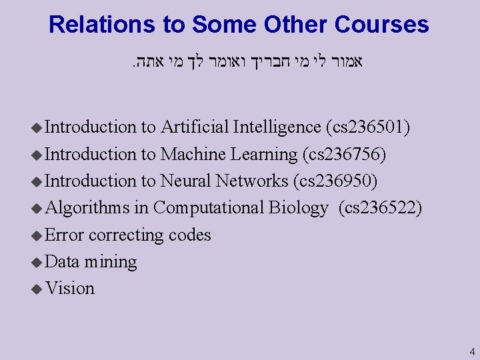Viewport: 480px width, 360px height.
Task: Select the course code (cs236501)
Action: (x=368, y=127)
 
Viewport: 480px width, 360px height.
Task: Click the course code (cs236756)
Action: (x=344, y=153)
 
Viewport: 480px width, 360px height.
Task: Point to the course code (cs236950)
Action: (x=335, y=181)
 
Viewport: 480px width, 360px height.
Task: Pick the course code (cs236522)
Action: (x=380, y=207)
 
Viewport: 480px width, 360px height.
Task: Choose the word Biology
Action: (x=298, y=208)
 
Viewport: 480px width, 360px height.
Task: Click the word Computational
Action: (x=209, y=208)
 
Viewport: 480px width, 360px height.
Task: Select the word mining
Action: (x=110, y=262)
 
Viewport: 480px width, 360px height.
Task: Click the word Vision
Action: (x=70, y=288)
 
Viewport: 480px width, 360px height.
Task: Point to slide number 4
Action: (x=471, y=351)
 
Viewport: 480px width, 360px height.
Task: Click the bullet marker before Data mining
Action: (x=37, y=262)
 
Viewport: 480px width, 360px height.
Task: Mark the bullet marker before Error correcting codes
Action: (x=37, y=235)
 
